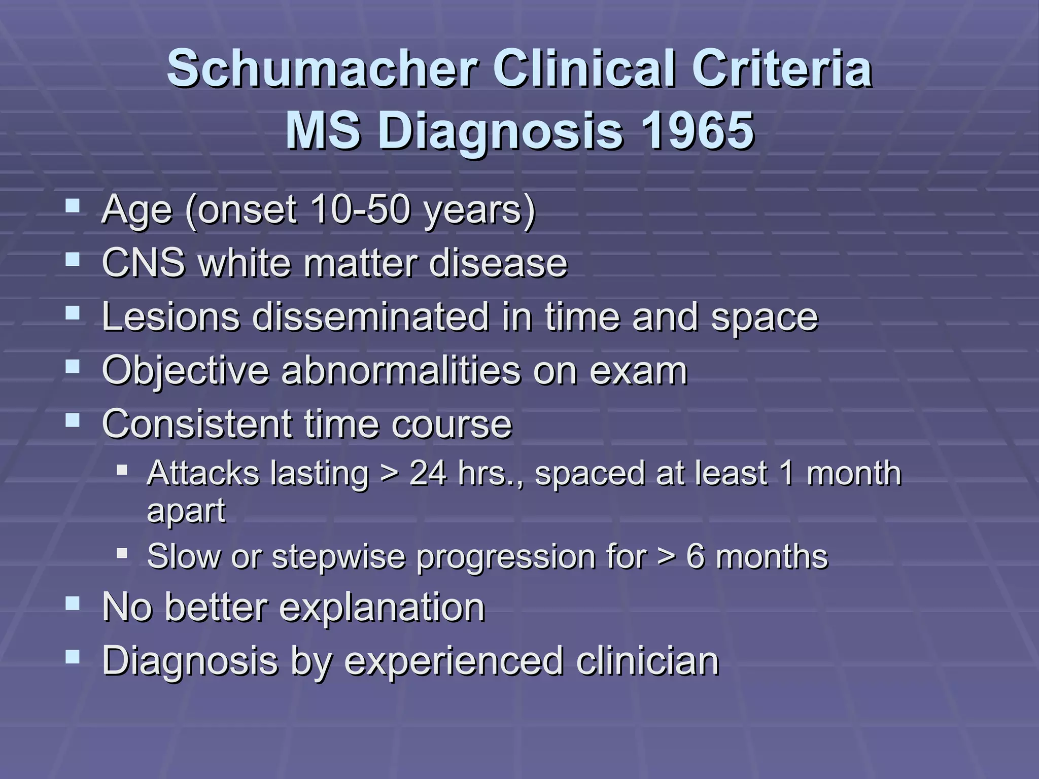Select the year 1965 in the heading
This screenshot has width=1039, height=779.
tap(697, 131)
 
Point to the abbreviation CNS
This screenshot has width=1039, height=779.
tap(143, 263)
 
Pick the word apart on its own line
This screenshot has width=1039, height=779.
tap(186, 511)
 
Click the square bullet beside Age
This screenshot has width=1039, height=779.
tap(73, 206)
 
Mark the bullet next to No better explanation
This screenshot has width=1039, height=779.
tap(73, 604)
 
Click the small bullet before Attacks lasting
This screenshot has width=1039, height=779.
tap(122, 470)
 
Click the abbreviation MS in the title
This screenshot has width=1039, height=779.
tap(323, 131)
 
